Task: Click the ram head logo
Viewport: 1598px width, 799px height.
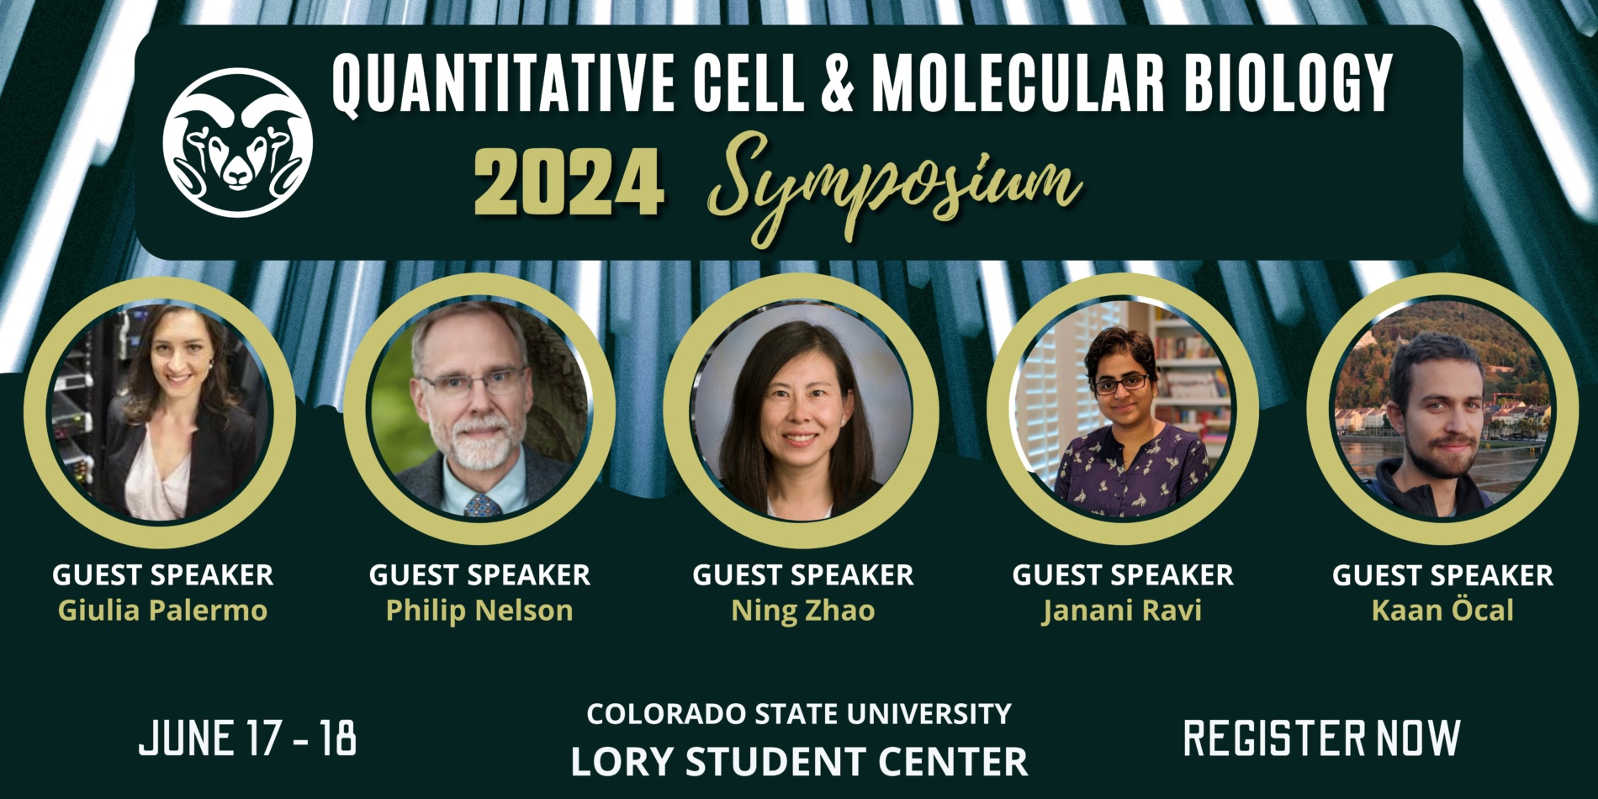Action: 238,142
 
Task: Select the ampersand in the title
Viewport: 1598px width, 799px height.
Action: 837,84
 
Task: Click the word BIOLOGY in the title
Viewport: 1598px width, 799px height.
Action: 1290,84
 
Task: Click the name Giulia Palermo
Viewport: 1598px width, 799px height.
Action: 162,610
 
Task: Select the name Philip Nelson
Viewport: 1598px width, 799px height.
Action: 479,610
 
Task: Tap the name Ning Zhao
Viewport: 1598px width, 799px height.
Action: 803,611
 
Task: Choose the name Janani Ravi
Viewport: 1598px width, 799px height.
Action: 1122,610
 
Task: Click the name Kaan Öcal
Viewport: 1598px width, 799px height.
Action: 1442,609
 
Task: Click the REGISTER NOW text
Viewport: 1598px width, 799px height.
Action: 1321,738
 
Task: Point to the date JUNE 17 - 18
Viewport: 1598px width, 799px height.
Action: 247,738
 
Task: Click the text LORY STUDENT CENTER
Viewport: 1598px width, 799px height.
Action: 799,762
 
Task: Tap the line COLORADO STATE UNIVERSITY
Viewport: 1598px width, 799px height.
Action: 799,714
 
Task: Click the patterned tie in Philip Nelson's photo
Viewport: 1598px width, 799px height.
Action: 482,505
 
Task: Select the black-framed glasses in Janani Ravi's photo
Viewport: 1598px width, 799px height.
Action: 1121,384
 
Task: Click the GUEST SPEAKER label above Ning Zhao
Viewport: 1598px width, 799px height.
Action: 803,574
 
